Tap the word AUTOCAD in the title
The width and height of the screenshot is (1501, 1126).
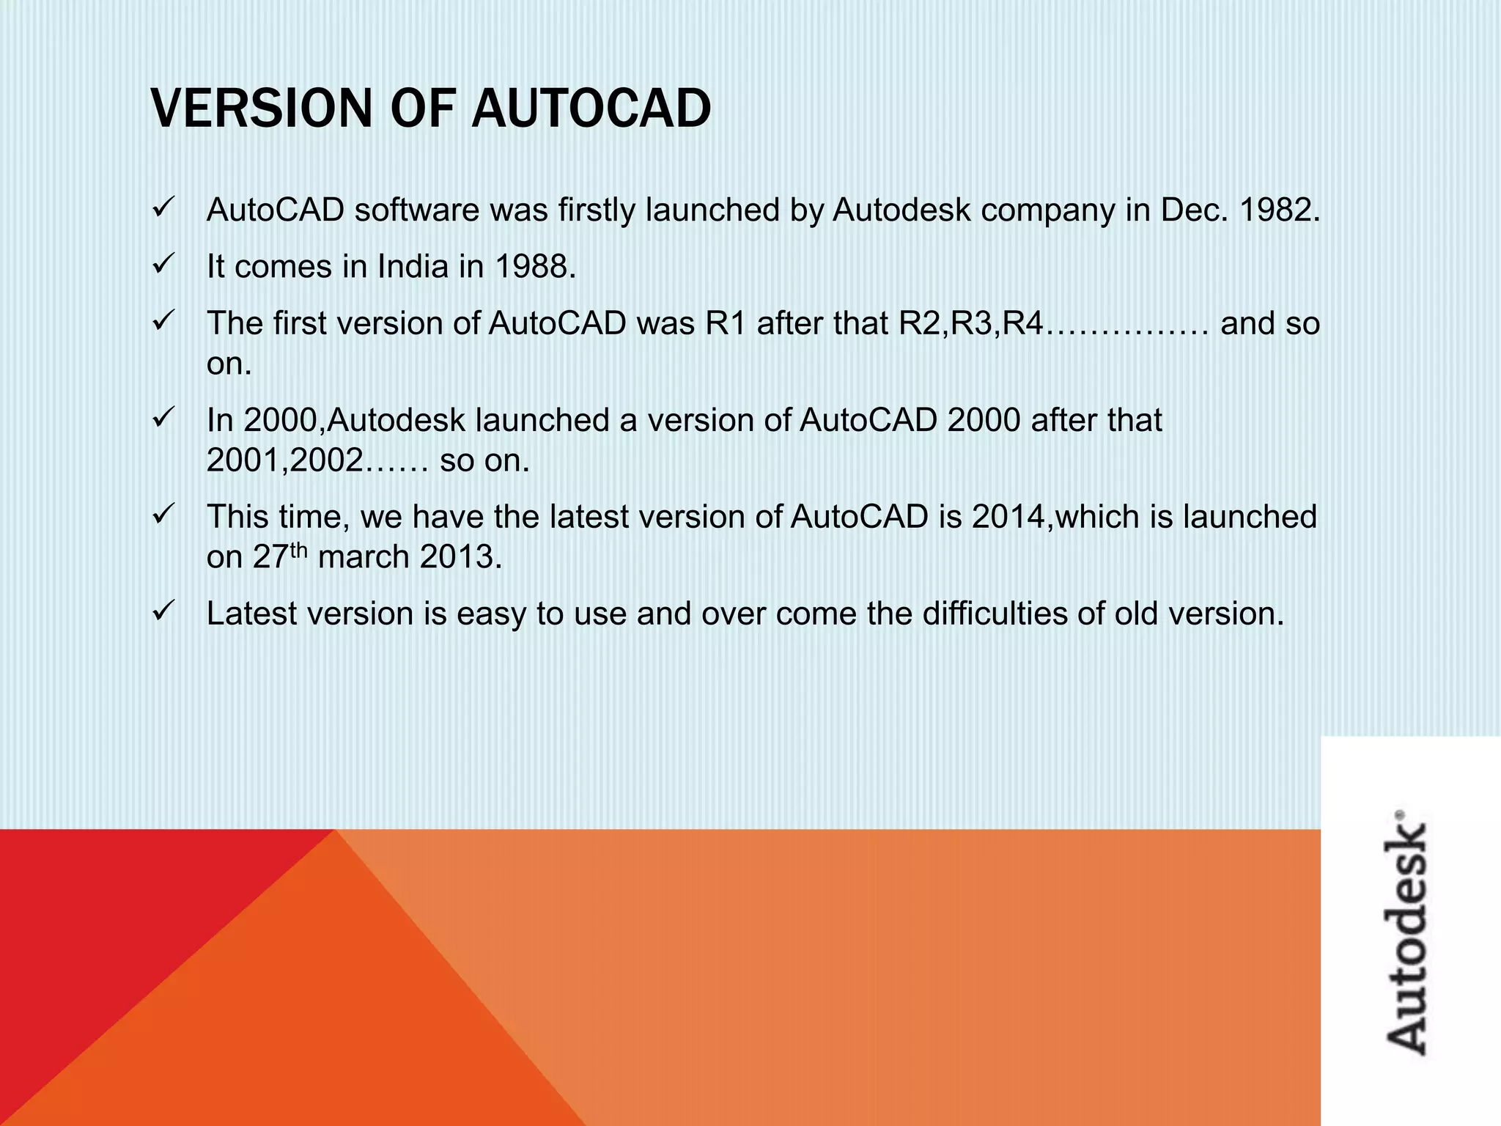591,108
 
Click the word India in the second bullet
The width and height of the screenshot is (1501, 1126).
412,267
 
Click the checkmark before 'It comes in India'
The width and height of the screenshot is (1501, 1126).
162,264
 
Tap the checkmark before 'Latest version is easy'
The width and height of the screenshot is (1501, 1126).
162,611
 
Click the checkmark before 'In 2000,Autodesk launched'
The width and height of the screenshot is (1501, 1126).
162,418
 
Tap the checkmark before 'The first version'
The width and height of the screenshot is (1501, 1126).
162,321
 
